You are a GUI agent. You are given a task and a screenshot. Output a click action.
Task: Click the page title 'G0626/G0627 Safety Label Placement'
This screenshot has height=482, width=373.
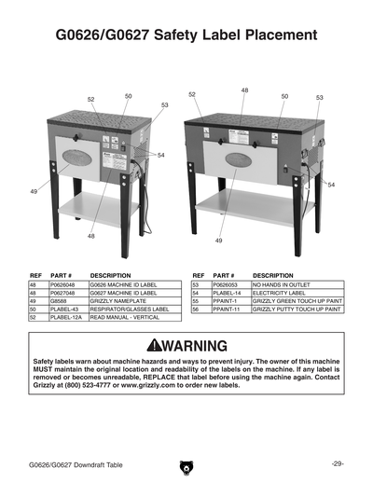[186, 38]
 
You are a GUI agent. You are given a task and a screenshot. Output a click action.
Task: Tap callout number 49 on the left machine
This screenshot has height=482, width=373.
[34, 191]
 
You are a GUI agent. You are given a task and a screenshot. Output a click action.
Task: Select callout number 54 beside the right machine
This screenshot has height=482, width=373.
[331, 185]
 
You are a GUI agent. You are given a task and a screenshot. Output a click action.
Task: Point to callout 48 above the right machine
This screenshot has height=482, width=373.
[244, 90]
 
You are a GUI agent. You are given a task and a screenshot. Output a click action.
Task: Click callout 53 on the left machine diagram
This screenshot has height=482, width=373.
[164, 105]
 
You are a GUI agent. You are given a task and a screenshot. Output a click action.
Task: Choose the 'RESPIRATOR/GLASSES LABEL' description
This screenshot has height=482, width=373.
[129, 310]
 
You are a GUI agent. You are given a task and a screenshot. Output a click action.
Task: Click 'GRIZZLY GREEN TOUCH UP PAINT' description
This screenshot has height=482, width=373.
[297, 301]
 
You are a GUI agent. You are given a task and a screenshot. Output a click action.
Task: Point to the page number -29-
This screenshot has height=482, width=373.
[338, 463]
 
